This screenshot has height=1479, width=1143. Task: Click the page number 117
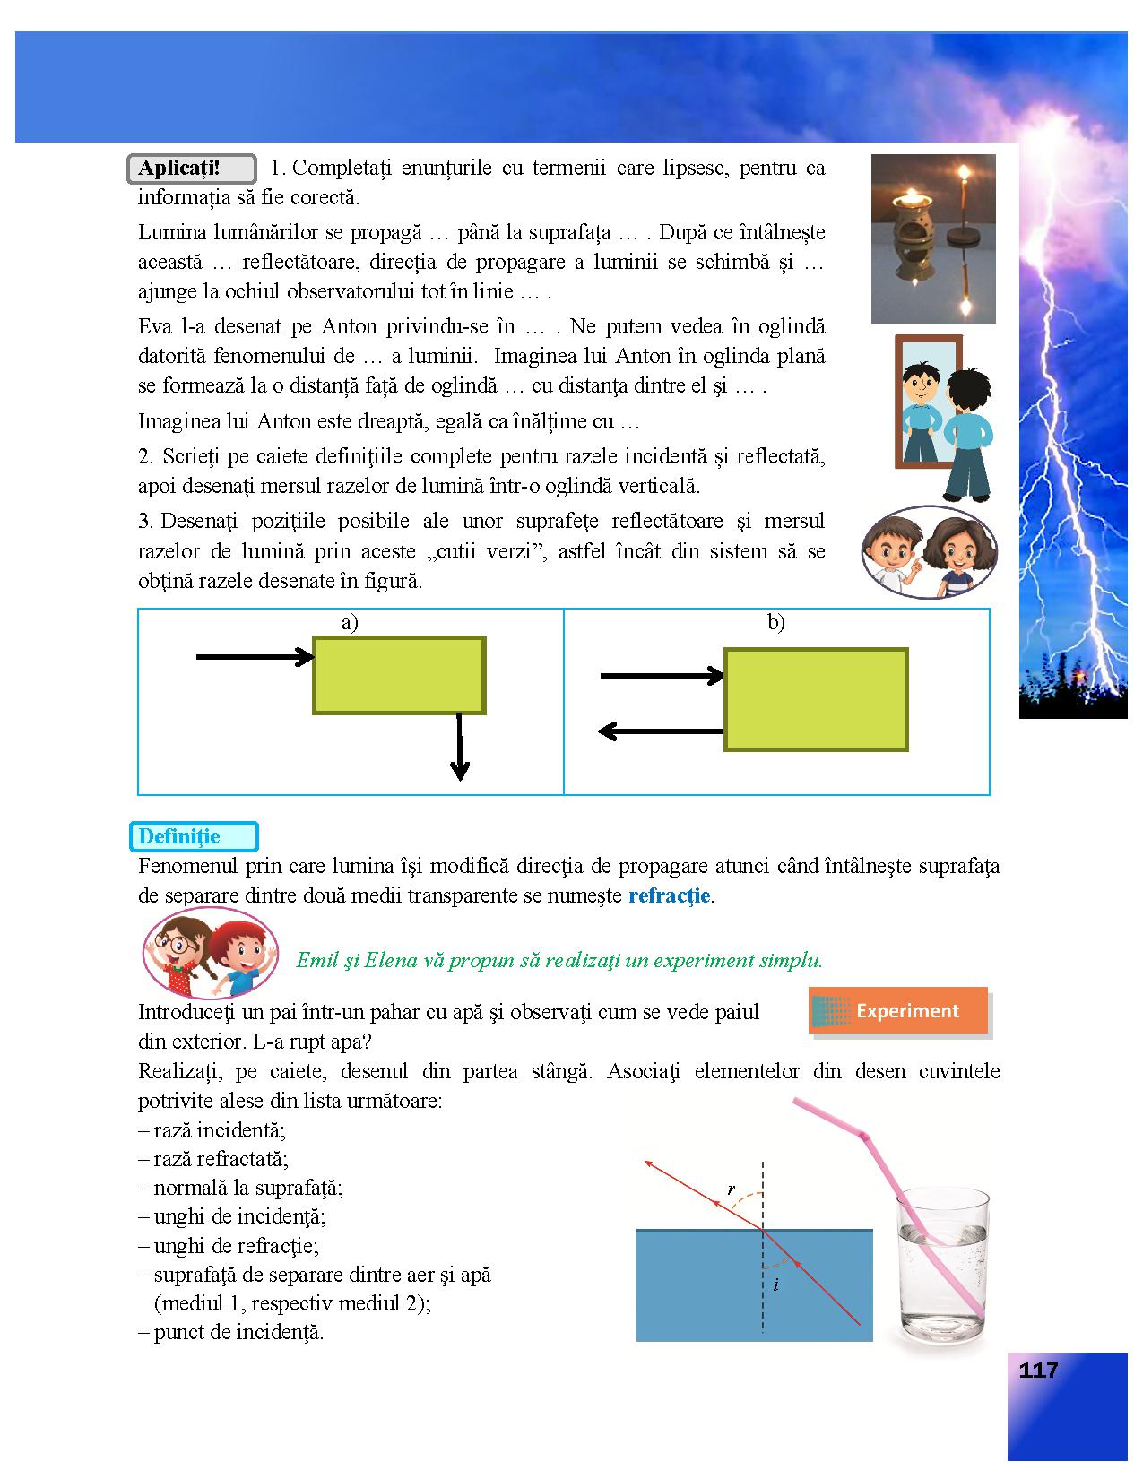tap(1038, 1370)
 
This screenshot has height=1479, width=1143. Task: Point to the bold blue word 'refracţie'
tap(670, 895)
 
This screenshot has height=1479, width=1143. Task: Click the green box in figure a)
tap(399, 675)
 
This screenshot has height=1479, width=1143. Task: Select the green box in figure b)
tap(816, 699)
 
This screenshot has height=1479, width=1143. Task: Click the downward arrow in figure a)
tap(460, 748)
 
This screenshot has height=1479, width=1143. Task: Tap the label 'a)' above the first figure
tap(350, 623)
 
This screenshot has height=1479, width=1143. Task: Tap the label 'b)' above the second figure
tap(776, 623)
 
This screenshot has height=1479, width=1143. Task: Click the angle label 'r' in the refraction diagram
tap(732, 1189)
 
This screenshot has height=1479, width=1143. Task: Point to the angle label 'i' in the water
tap(775, 1284)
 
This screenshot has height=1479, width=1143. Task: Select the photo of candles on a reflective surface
tap(932, 238)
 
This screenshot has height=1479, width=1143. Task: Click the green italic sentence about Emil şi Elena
tap(559, 960)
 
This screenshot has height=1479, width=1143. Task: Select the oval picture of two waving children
tap(211, 953)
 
